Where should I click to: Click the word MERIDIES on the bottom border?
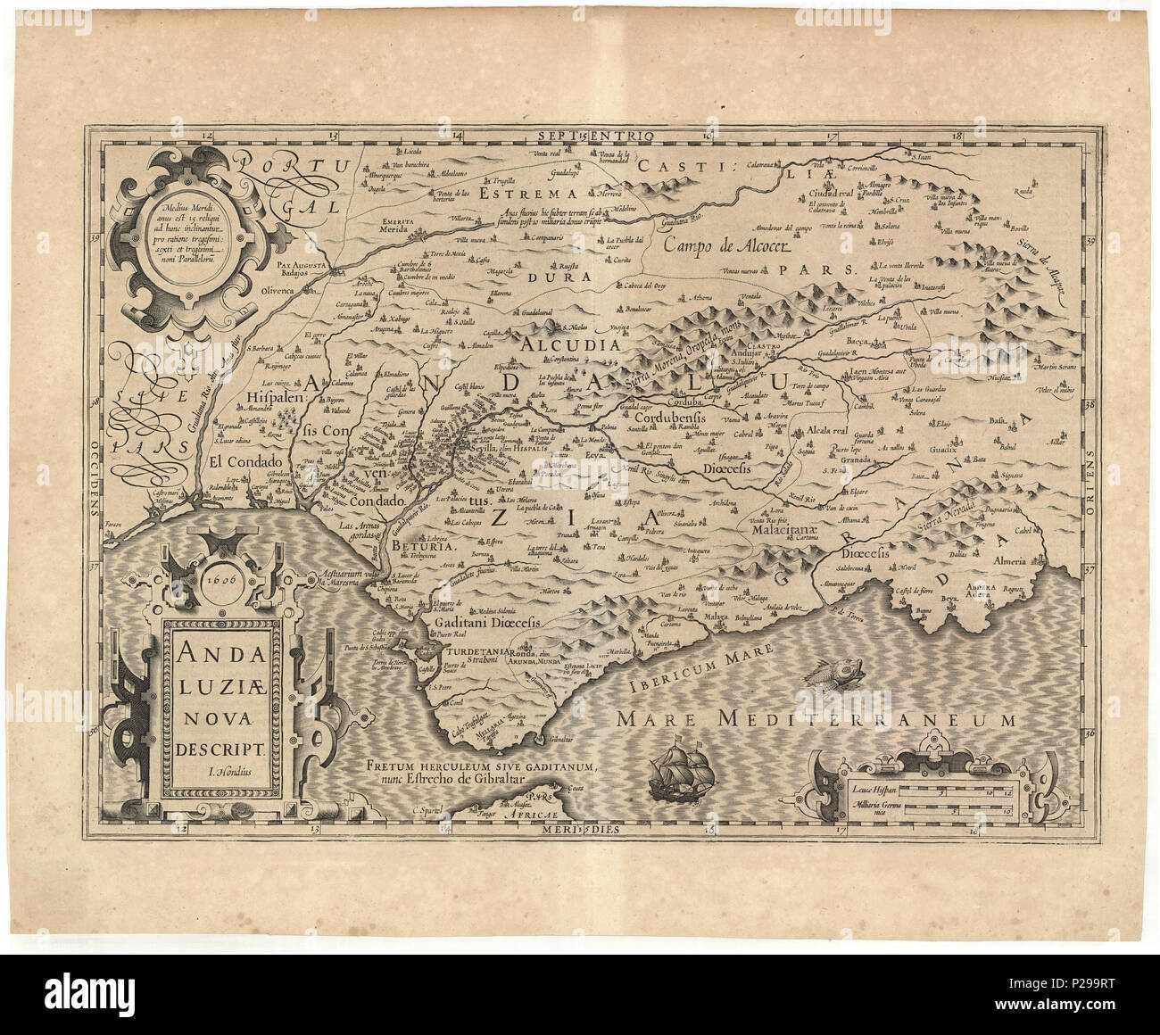point(584,829)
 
